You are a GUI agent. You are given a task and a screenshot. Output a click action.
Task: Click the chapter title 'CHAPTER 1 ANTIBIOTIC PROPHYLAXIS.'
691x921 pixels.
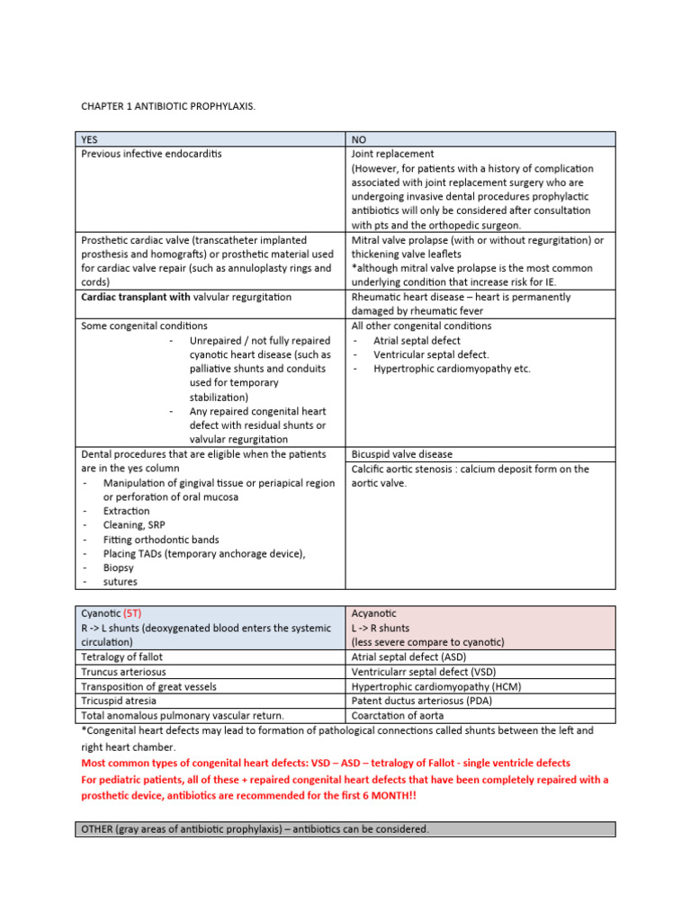[168, 107]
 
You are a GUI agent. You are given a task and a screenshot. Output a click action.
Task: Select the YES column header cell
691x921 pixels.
[89, 139]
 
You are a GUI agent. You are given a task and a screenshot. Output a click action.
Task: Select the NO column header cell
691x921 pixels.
[359, 139]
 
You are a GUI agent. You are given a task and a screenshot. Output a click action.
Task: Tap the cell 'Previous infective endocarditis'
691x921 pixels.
[151, 154]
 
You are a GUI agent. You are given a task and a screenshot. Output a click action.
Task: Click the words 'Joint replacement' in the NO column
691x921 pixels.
[392, 154]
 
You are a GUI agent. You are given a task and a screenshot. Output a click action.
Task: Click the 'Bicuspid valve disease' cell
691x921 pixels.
[402, 454]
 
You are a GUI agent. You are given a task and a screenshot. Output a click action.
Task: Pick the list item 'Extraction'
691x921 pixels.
[127, 511]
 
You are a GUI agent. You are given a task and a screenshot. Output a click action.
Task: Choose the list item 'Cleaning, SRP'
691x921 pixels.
[134, 525]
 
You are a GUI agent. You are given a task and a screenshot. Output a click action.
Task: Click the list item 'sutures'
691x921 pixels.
[121, 582]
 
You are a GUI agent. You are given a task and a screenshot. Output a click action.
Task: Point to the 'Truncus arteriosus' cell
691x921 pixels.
[123, 672]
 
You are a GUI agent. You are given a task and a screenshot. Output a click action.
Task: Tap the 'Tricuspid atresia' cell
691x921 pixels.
[118, 701]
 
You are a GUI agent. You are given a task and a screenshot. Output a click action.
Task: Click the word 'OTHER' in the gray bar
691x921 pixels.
[97, 829]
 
